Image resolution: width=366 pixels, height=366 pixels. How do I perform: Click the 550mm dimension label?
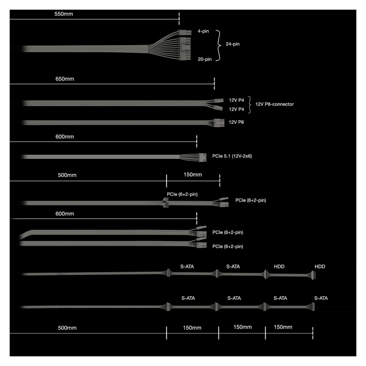[x=64, y=14]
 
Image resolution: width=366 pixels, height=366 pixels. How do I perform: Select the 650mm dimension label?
[x=65, y=79]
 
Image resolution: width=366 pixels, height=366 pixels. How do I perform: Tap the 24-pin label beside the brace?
[x=232, y=44]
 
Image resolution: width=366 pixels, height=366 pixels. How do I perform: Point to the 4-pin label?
[x=203, y=31]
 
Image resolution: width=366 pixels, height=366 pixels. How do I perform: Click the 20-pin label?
[x=205, y=59]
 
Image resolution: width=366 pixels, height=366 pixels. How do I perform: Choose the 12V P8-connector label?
[x=274, y=104]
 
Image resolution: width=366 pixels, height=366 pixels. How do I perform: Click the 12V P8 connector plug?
[x=219, y=123]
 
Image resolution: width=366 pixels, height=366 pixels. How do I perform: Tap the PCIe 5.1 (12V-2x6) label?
[x=232, y=156]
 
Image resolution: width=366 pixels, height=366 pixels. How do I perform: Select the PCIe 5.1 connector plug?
[x=202, y=157]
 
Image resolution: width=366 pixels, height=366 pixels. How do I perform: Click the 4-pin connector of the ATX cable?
[x=185, y=32]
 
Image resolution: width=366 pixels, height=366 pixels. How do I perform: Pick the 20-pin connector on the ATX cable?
[x=185, y=48]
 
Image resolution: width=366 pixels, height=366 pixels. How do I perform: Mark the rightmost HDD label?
[x=320, y=267]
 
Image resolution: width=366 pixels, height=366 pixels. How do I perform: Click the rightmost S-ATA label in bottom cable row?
[x=321, y=298]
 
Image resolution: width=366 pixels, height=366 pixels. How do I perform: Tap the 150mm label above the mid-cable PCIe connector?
[x=193, y=175]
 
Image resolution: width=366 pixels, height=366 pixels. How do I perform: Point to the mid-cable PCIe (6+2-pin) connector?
[x=166, y=203]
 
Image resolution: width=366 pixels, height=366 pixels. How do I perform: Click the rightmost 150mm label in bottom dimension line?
[x=283, y=327]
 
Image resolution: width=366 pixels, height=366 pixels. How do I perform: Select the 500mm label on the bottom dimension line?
[x=67, y=328]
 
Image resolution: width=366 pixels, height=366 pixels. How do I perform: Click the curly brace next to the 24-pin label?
[x=219, y=45]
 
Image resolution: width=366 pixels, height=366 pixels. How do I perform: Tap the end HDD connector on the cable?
[x=313, y=275]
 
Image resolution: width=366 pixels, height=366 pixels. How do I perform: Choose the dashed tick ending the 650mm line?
[x=214, y=84]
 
